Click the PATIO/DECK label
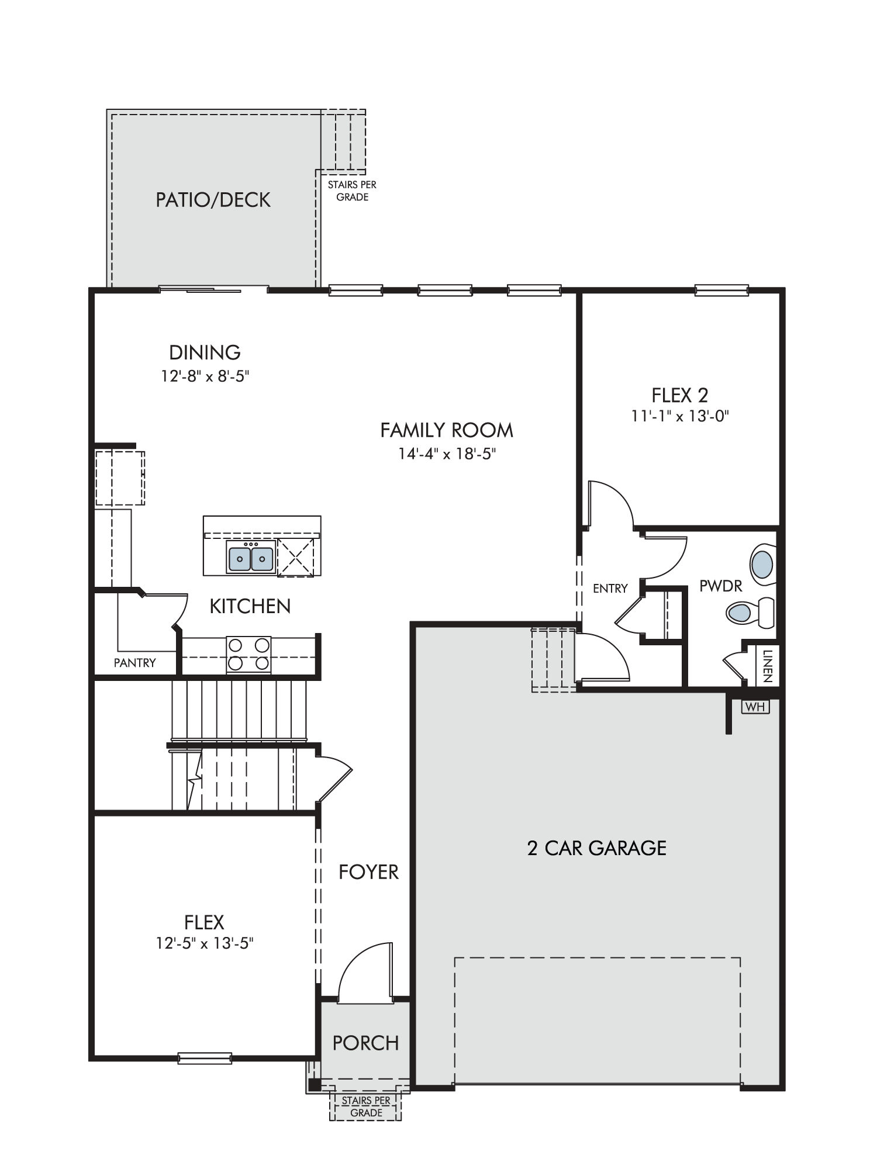tap(213, 200)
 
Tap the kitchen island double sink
tap(251, 557)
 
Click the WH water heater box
tap(755, 707)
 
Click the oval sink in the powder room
tap(762, 565)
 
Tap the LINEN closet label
tap(768, 666)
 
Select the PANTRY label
tap(134, 663)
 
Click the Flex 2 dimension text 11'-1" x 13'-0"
tap(680, 416)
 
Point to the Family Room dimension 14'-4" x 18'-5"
tap(447, 454)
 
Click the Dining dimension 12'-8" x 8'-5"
tap(205, 376)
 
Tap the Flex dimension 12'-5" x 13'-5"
tap(204, 943)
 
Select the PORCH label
tap(365, 1043)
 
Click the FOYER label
tap(368, 872)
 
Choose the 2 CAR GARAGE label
tap(597, 848)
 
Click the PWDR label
tap(721, 586)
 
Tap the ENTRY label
tap(610, 589)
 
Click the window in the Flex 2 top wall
tap(721, 289)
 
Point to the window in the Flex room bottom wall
tap(205, 1057)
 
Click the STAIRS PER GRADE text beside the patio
tap(352, 191)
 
